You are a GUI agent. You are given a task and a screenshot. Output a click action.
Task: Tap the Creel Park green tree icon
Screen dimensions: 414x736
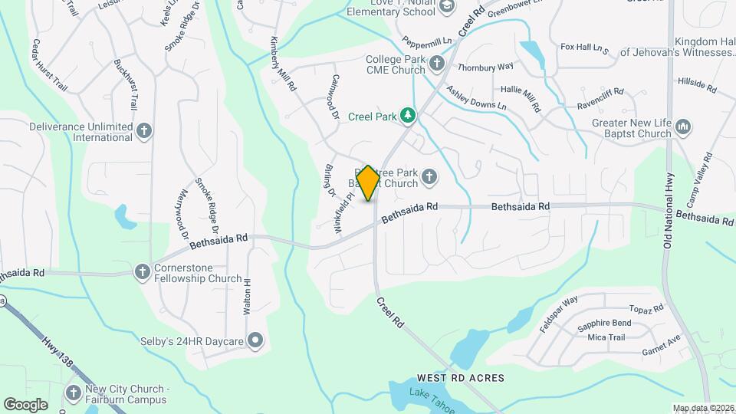[x=409, y=116]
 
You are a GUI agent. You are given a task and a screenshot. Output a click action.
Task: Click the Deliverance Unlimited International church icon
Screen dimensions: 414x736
[x=144, y=131]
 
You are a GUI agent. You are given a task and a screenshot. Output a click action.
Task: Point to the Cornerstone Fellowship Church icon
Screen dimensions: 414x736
[x=142, y=271]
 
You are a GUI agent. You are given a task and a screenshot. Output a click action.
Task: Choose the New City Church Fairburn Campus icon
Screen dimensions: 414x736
[x=74, y=393]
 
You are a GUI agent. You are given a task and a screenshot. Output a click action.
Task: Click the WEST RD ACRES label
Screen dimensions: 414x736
[x=460, y=378]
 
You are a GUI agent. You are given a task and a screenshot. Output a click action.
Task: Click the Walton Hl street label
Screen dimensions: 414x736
[x=247, y=293]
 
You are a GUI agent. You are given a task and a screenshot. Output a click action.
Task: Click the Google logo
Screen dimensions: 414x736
[x=25, y=404]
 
